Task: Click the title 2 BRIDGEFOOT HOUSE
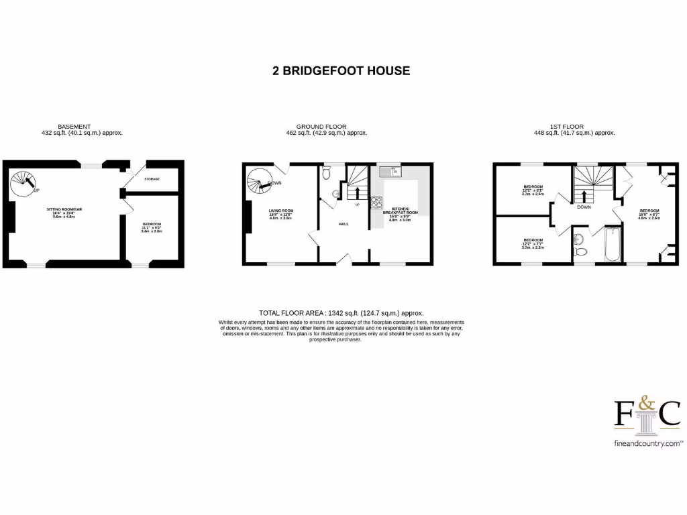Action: click(341, 70)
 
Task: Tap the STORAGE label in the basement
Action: click(152, 179)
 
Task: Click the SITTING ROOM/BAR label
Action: click(64, 209)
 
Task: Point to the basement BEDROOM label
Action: click(152, 224)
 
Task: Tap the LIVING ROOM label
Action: click(282, 211)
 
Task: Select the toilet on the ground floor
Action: click(327, 174)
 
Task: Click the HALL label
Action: click(343, 224)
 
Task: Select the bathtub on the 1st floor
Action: click(613, 246)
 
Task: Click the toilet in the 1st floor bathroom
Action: click(581, 252)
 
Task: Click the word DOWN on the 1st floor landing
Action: click(584, 207)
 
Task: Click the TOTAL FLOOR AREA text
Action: click(341, 313)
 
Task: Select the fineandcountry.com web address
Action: click(648, 444)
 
